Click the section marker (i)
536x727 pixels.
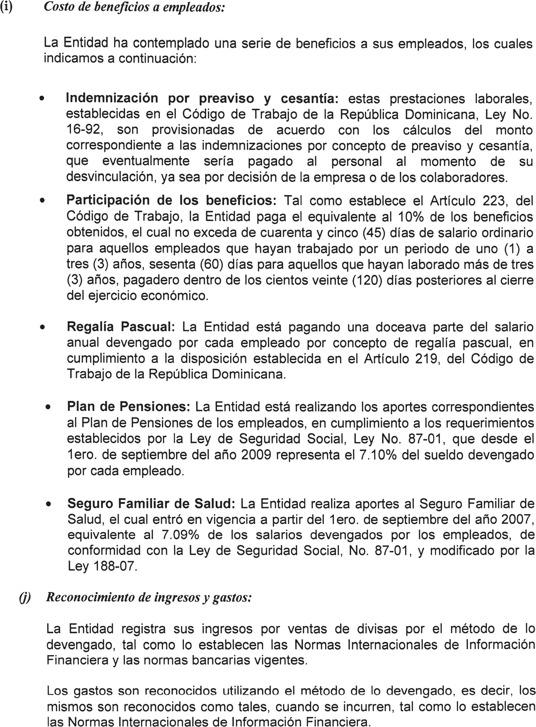(6, 7)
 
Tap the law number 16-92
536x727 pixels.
(85, 130)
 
